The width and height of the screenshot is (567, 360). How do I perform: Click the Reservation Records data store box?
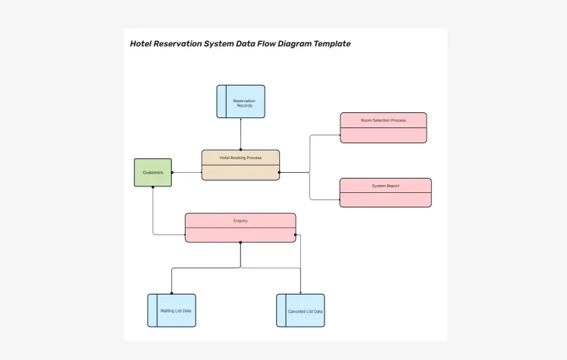click(x=241, y=102)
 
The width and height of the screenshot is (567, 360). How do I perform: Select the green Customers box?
click(x=153, y=173)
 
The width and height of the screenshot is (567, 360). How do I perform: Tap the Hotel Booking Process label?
click(x=240, y=158)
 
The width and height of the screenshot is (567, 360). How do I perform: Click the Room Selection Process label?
click(x=383, y=120)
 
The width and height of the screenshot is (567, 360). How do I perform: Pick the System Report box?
click(x=385, y=193)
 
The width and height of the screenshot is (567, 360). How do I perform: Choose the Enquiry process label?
click(x=240, y=220)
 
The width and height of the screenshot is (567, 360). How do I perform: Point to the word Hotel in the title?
click(x=141, y=44)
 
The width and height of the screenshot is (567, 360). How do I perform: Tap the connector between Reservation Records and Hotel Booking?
click(x=241, y=134)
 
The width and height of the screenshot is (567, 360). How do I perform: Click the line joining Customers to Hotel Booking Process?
click(x=186, y=173)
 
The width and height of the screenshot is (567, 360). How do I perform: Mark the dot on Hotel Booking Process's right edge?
click(x=279, y=172)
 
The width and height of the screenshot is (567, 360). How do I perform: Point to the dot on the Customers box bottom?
click(x=153, y=187)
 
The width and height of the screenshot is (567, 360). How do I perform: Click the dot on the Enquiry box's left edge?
click(x=186, y=234)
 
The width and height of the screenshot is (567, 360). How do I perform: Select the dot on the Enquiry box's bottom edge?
click(x=240, y=243)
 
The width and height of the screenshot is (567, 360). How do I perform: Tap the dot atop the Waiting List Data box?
click(x=171, y=294)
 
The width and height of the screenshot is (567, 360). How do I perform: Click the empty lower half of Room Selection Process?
click(x=383, y=135)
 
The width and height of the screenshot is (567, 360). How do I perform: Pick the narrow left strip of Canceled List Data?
click(x=281, y=311)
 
